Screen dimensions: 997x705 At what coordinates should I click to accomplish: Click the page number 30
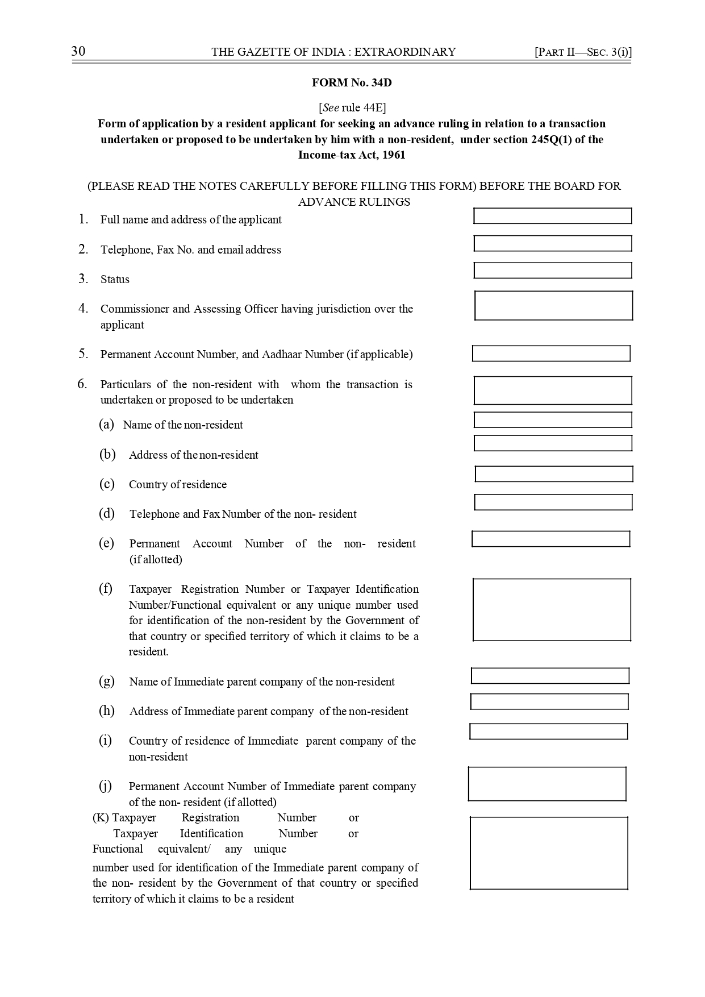(78, 52)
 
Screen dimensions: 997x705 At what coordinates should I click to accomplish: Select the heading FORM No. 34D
(352, 83)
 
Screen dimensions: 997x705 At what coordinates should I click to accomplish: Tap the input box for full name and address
(552, 216)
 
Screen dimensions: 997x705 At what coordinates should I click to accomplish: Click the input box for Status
(552, 271)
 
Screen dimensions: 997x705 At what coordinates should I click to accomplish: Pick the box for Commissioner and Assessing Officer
(553, 306)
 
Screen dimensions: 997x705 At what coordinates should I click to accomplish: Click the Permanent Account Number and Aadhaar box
(551, 354)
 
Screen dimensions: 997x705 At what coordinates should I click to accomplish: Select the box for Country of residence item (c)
(553, 474)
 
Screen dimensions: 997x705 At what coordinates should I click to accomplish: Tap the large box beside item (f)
(552, 609)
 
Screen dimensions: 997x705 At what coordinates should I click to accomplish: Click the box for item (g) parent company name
(550, 676)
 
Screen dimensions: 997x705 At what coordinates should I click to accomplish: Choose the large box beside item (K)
(549, 853)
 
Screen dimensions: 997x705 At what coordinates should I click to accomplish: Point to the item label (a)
(106, 425)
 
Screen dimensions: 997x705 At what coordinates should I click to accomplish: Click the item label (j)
(106, 786)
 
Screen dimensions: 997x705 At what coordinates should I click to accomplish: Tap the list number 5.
(84, 354)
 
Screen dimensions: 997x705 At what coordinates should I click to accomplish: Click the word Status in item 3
(115, 280)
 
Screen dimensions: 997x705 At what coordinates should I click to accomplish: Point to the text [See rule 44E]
(352, 107)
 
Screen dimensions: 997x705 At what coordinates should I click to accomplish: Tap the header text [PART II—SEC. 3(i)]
(583, 52)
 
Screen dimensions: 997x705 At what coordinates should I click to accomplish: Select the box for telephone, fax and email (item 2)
(552, 243)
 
